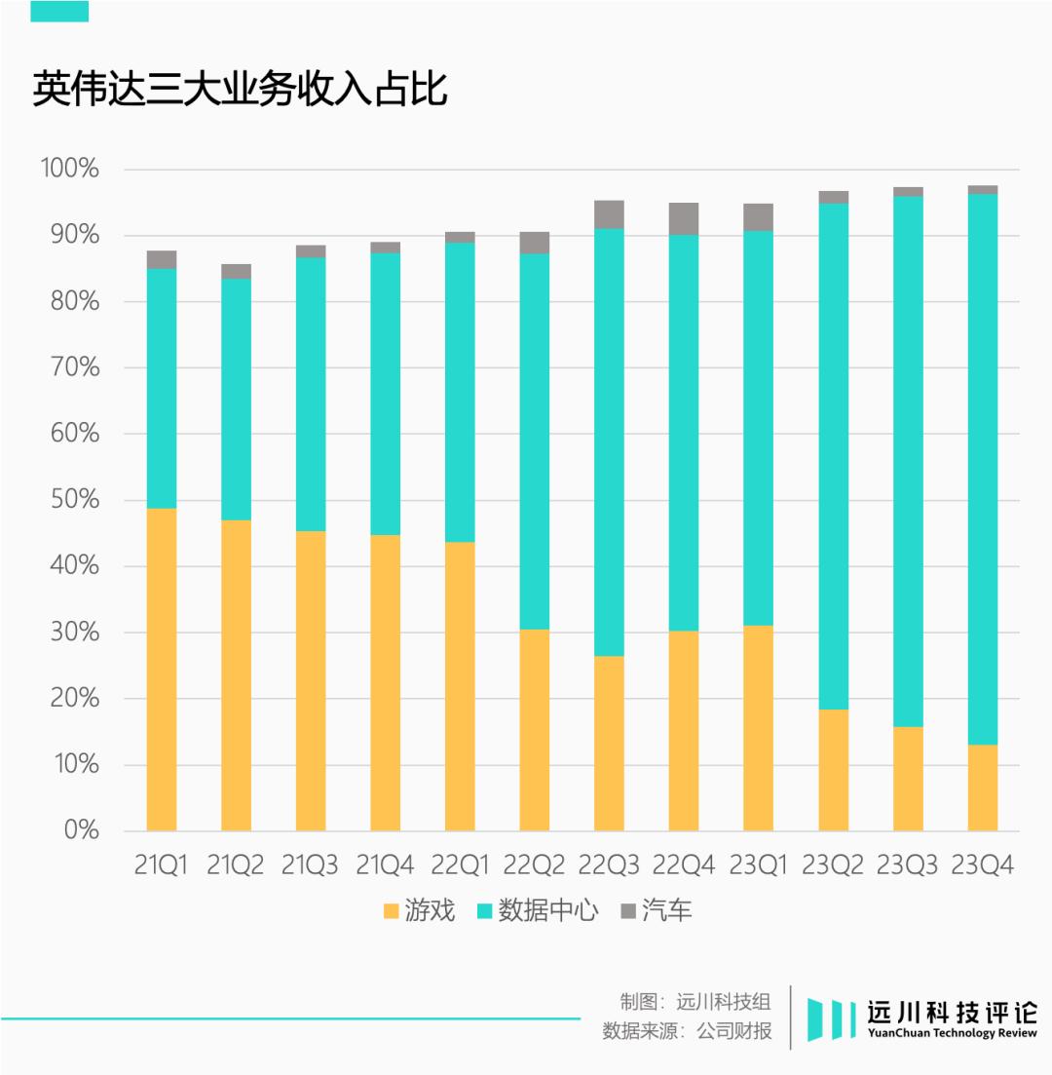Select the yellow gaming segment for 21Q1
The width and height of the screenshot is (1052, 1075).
(x=162, y=670)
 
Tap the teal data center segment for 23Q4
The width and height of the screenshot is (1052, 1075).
(x=983, y=469)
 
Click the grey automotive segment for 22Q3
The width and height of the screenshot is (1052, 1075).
(x=609, y=214)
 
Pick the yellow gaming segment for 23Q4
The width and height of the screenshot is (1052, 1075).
(x=983, y=788)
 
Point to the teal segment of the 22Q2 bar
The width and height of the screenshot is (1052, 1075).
(x=535, y=442)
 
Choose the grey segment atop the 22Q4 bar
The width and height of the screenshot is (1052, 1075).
(x=684, y=219)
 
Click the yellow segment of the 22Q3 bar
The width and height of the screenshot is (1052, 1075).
(x=609, y=744)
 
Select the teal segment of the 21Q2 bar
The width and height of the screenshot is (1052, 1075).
(x=236, y=400)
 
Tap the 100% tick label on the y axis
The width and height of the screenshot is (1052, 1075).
(x=69, y=170)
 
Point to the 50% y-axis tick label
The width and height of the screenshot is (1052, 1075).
(x=73, y=500)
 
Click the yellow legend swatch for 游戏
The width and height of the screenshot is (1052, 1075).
(x=392, y=911)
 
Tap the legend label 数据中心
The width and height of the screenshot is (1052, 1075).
(x=547, y=911)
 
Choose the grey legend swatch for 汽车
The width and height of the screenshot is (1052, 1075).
(x=627, y=911)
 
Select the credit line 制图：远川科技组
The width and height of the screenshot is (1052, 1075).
(x=695, y=1001)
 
